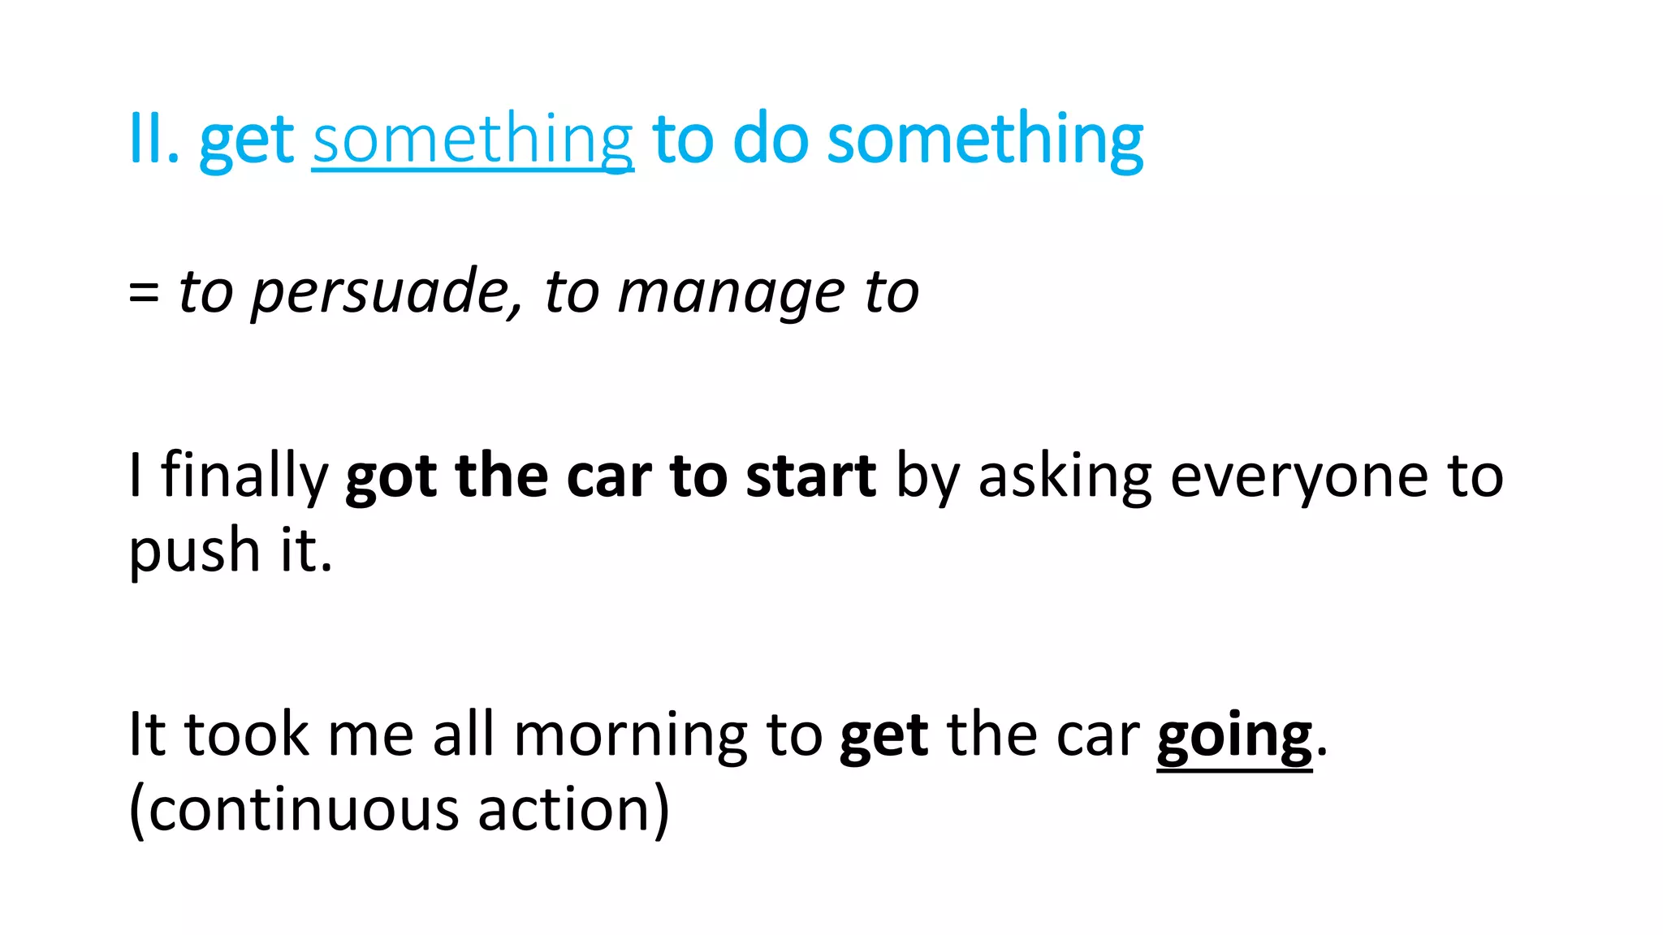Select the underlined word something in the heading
pos(473,140)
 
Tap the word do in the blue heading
pos(770,140)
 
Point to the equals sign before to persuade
pos(144,292)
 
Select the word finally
pos(244,476)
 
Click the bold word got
pos(391,476)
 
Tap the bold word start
pos(810,476)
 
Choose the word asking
pos(1065,476)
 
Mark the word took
pos(247,735)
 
